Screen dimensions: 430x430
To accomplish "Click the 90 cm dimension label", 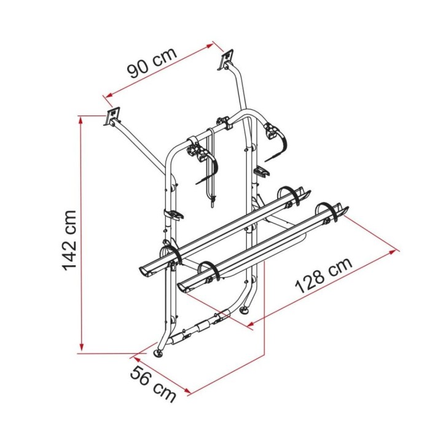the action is (152, 63).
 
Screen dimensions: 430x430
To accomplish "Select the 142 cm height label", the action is (69, 241).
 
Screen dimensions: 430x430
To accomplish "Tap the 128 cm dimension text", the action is (324, 275).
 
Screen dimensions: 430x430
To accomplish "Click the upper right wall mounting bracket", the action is (227, 59).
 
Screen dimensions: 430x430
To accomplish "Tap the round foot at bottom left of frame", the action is (159, 353).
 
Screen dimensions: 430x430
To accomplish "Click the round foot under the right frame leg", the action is (243, 311).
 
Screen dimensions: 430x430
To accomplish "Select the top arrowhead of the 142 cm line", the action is (81, 119).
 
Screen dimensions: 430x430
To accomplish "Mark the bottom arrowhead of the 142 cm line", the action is (82, 348).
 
